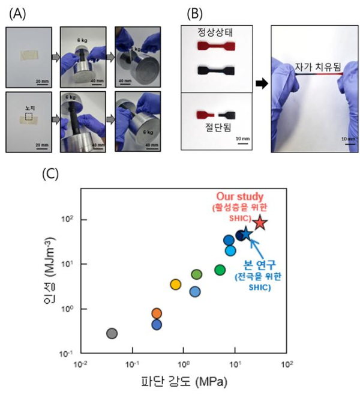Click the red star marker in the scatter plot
pyautogui.click(x=260, y=223)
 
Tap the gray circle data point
pyautogui.click(x=112, y=333)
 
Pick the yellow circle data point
pyautogui.click(x=175, y=284)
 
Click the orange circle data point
pyautogui.click(x=157, y=313)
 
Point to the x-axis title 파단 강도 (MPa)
pyautogui.click(x=184, y=382)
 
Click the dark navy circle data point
pyautogui.click(x=241, y=235)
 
